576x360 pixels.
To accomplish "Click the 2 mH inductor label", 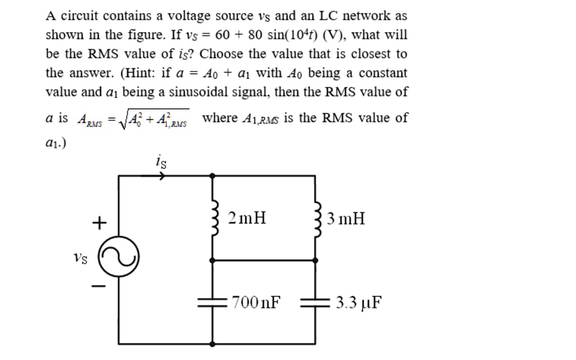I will click(247, 218).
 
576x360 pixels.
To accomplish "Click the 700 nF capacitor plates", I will click(212, 303).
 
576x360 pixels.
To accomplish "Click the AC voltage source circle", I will click(118, 258).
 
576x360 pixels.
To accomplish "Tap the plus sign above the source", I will click(98, 223).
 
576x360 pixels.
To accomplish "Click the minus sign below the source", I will click(98, 287).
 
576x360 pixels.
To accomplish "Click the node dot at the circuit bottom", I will click(212, 343).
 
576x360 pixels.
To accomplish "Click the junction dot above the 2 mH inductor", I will click(212, 175).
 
